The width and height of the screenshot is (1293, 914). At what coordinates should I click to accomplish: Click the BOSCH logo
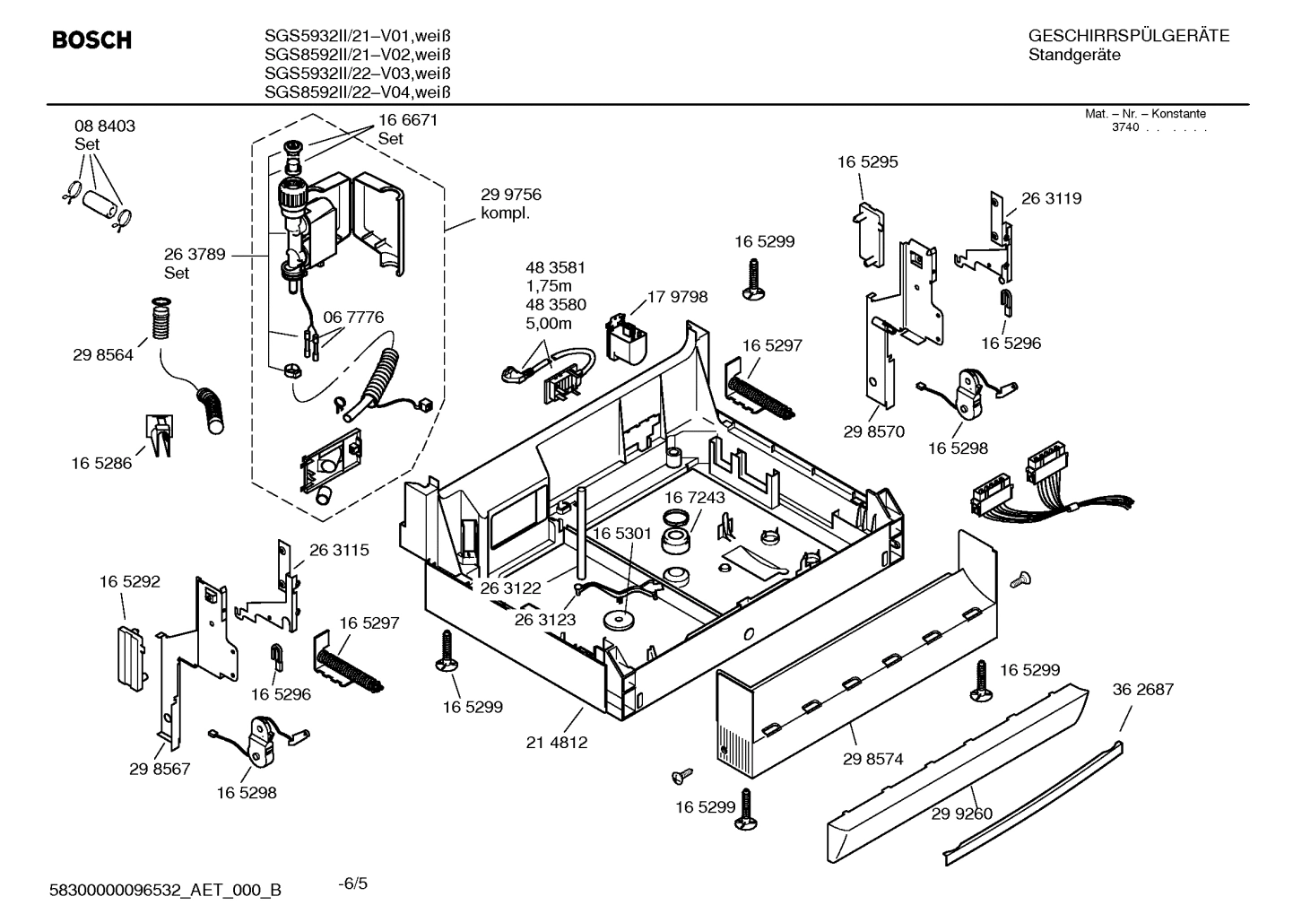(91, 40)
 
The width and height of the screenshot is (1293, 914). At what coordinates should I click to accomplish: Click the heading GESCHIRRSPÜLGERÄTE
(1128, 37)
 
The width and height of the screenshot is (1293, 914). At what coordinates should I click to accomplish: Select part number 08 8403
(105, 126)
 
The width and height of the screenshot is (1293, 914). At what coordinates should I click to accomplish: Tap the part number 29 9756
(510, 195)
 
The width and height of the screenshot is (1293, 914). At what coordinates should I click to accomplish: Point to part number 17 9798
(677, 297)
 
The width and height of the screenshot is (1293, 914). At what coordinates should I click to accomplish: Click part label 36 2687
(1142, 690)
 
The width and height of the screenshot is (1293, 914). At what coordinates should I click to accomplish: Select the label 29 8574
(872, 759)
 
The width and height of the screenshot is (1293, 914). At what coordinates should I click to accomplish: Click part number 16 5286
(101, 464)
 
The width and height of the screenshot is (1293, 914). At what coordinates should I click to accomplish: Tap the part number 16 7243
(695, 497)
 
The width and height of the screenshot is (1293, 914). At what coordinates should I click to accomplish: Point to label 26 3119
(1051, 199)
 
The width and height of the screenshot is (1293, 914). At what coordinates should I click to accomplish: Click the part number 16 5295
(867, 162)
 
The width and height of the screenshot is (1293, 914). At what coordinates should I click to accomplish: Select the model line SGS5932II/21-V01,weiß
(357, 36)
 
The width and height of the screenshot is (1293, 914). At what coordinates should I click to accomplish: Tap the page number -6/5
(352, 884)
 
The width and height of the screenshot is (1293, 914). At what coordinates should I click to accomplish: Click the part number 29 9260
(961, 814)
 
